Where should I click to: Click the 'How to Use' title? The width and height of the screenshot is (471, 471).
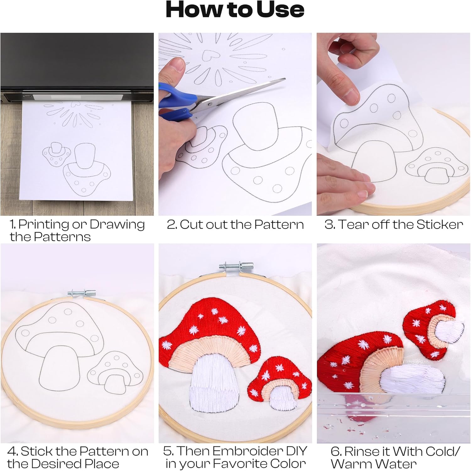coord(235,10)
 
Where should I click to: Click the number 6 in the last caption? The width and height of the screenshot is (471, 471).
coord(336,452)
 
